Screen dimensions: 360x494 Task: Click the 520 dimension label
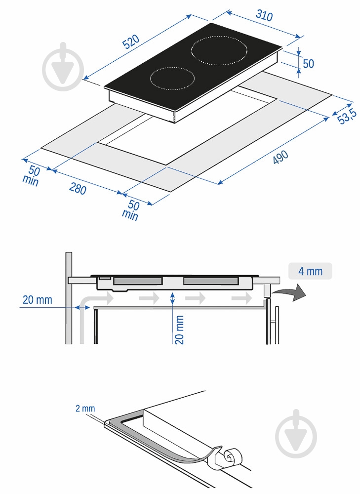(x=131, y=41)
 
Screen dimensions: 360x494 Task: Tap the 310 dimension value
(x=264, y=15)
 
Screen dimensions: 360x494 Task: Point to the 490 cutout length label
(x=280, y=157)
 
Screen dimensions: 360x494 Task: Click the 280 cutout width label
(x=78, y=188)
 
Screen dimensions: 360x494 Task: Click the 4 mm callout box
(x=310, y=271)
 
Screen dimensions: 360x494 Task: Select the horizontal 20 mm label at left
(x=37, y=300)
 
